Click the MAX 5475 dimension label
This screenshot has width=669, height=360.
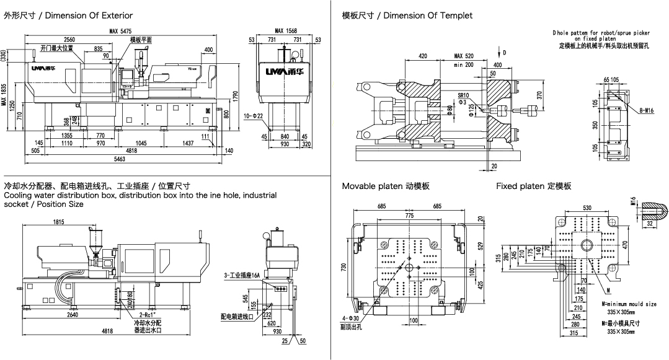click(x=121, y=30)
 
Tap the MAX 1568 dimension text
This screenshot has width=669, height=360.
click(x=285, y=30)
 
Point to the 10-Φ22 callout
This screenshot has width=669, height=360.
click(x=254, y=116)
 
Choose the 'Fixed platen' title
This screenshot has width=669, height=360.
click(x=533, y=186)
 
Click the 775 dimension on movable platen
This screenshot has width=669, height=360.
click(x=409, y=216)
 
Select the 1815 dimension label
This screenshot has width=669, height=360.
click(x=60, y=222)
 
